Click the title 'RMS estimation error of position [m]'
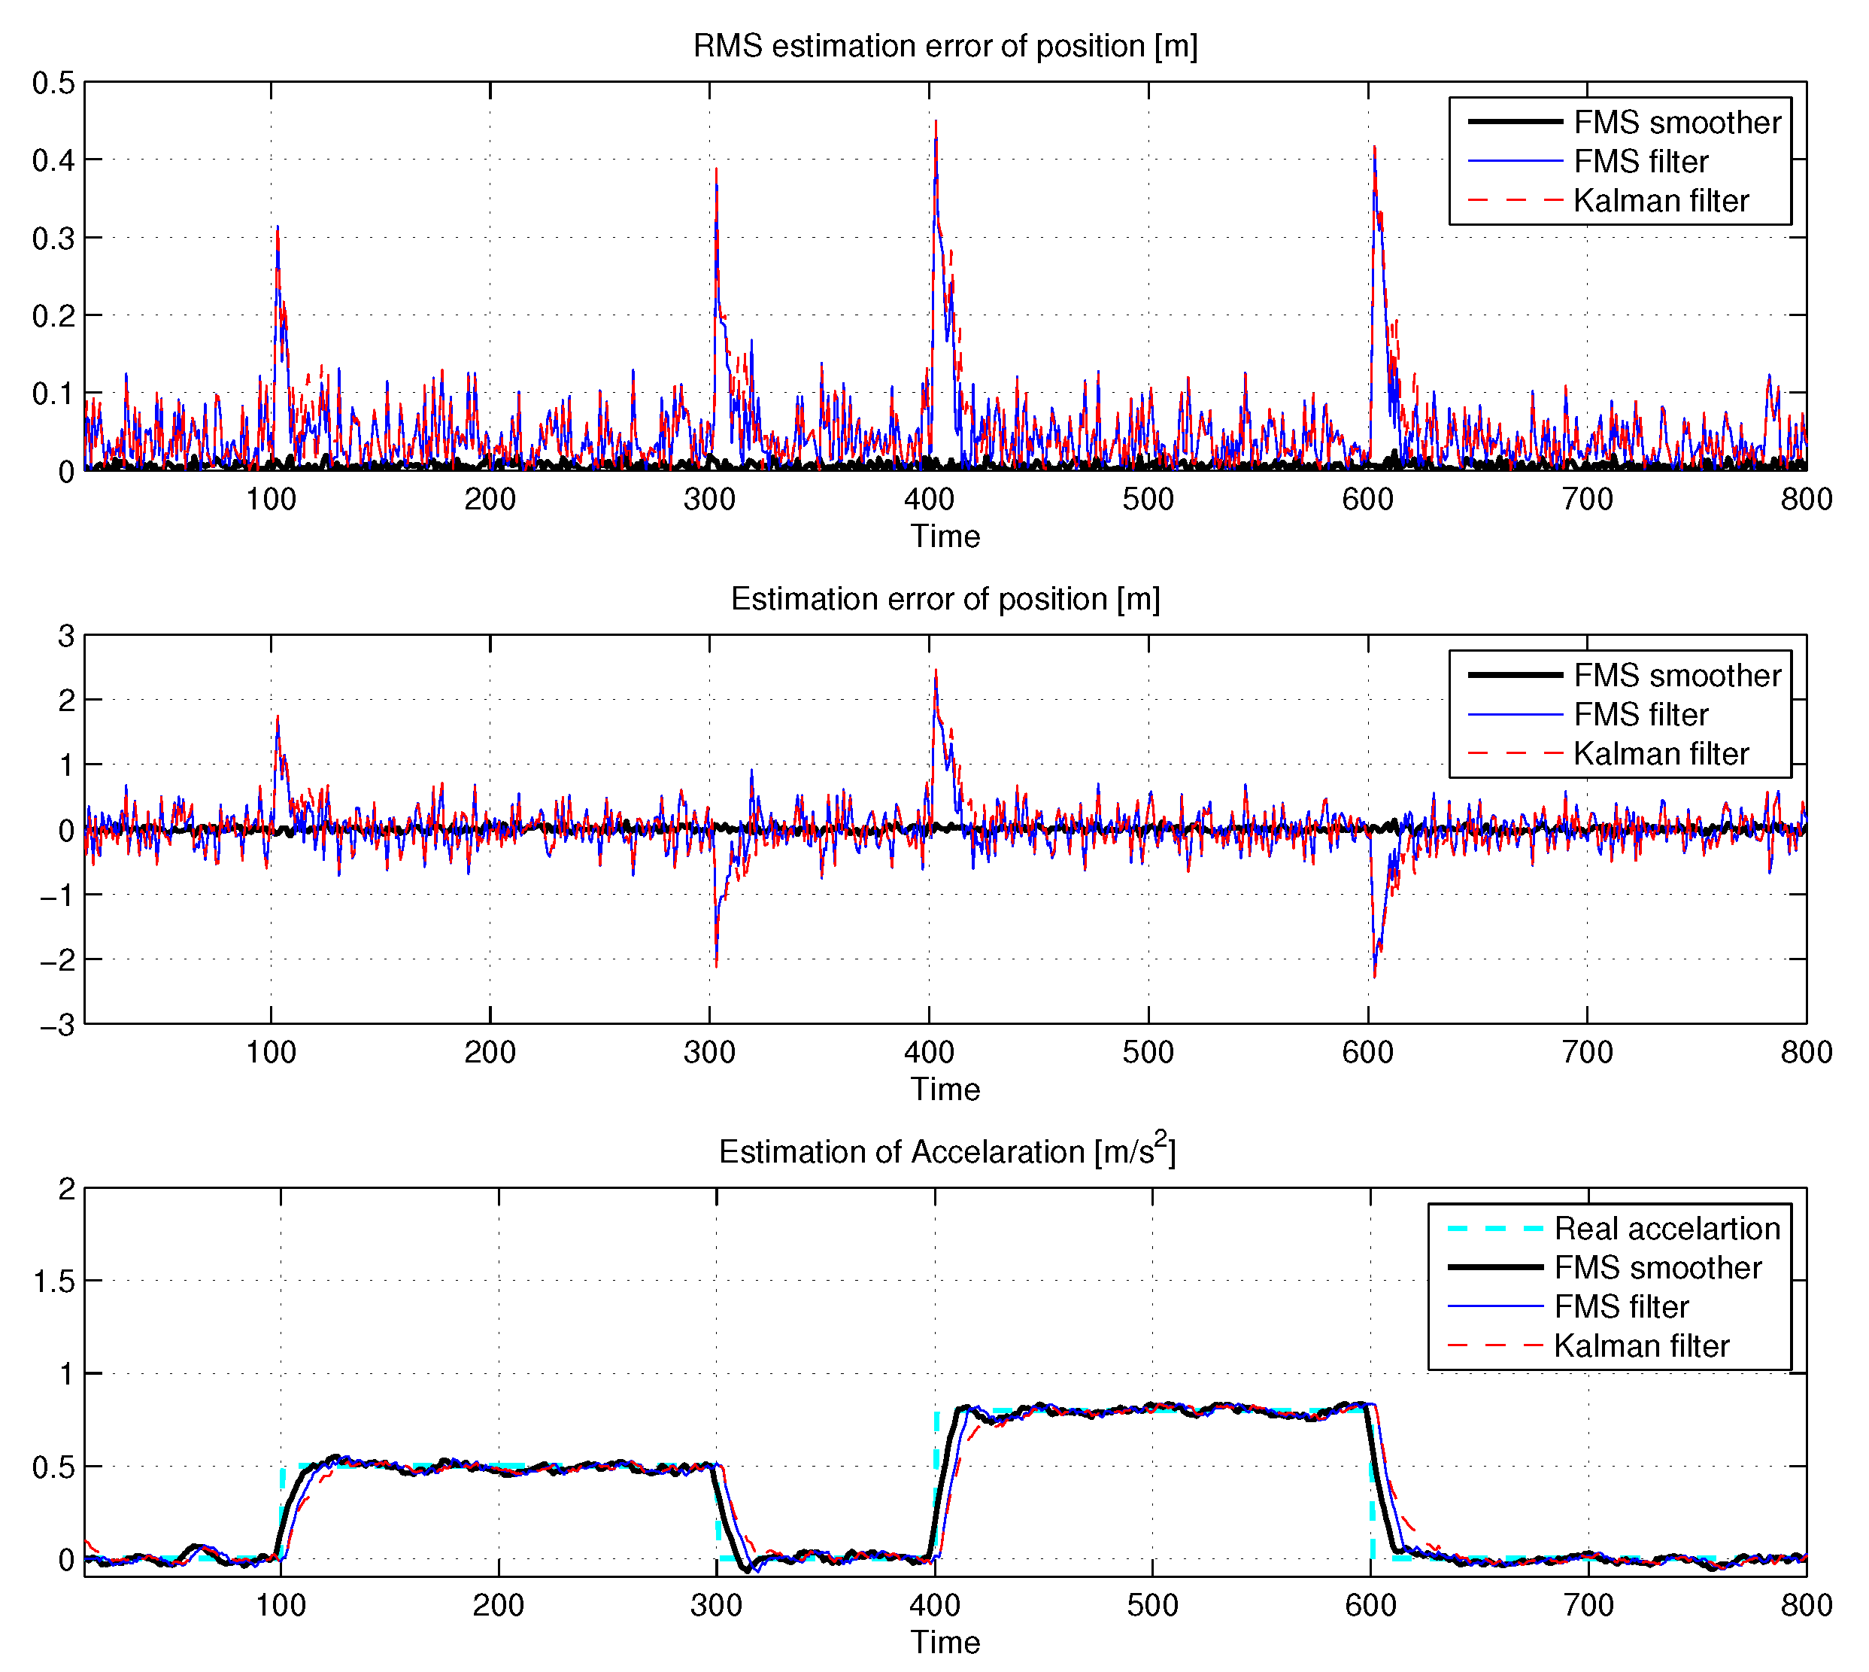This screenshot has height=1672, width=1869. (945, 46)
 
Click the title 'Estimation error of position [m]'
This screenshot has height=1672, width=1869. (945, 599)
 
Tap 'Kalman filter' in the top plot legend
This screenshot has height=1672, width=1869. (1661, 200)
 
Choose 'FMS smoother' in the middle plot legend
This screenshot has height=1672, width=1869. (1677, 675)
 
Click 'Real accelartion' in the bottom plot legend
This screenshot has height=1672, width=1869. (1666, 1228)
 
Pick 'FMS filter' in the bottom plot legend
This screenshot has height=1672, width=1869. (1621, 1306)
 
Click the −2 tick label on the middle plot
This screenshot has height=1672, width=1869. (57, 960)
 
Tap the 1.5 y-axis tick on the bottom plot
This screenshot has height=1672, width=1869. (53, 1281)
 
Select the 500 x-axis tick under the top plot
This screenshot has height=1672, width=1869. (1148, 500)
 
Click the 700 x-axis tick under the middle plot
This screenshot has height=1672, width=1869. (1587, 1053)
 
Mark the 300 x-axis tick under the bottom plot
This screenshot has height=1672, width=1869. (716, 1606)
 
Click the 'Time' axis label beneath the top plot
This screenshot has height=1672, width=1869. (945, 537)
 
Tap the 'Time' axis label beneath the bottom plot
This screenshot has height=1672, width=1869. (945, 1643)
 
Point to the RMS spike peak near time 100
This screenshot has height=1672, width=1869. (278, 228)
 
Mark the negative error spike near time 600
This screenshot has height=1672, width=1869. (1374, 976)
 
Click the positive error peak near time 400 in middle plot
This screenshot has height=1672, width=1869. (936, 670)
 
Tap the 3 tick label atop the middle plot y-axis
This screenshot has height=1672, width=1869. (66, 636)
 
